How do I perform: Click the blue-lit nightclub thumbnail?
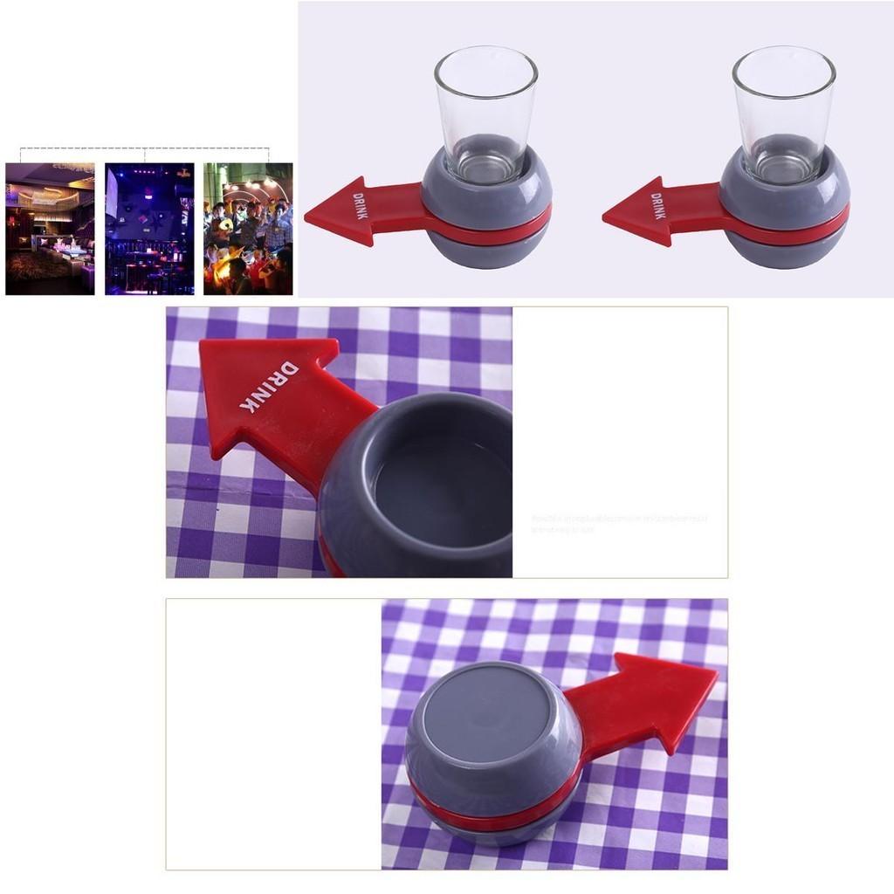coord(149,229)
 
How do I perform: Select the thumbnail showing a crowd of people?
coord(248,229)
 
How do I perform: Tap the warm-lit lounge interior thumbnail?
coord(50,229)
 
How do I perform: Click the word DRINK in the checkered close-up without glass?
coord(265,385)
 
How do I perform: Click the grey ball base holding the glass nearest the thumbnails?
coord(487,249)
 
